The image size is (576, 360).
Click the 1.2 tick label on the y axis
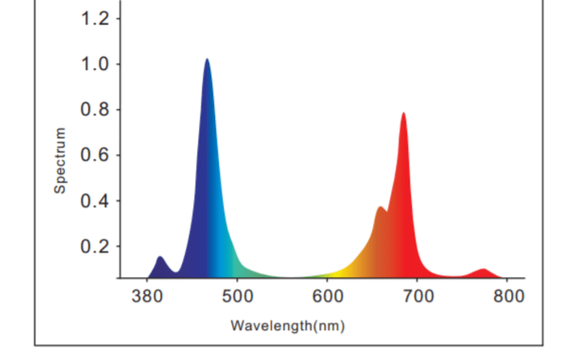[x=95, y=19]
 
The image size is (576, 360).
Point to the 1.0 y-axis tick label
[x=95, y=65]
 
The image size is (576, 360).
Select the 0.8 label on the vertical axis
[x=95, y=110]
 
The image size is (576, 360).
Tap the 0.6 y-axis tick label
[x=95, y=156]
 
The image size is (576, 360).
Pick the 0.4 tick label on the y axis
[x=95, y=201]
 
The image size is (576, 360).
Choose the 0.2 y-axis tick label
[x=95, y=247]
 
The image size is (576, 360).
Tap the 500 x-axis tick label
[x=237, y=297]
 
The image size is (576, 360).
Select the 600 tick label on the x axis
[x=327, y=297]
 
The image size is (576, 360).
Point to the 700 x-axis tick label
[x=418, y=297]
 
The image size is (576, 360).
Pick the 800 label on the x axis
[x=508, y=297]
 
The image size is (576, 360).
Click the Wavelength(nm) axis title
[x=287, y=325]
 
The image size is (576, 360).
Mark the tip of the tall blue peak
[x=207, y=59]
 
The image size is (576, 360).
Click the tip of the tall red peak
[x=403, y=113]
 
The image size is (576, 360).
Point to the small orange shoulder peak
[x=380, y=207]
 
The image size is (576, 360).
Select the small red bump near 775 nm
[x=483, y=269]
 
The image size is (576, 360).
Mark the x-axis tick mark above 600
[x=327, y=280]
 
